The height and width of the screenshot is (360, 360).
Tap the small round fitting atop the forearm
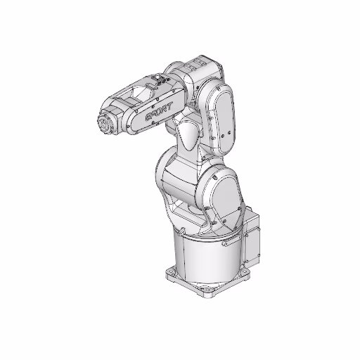pyautogui.click(x=160, y=83)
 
